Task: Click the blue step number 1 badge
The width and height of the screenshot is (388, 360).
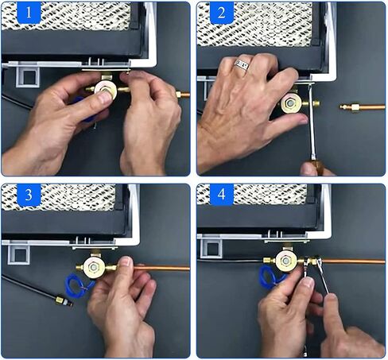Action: click(29, 13)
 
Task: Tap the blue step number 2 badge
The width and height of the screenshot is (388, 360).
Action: click(222, 13)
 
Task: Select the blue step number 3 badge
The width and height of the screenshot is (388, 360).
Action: click(29, 195)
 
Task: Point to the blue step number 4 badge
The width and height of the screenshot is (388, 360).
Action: click(222, 195)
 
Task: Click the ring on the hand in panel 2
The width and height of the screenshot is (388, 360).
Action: click(242, 64)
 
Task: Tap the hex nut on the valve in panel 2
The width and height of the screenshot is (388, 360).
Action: click(289, 102)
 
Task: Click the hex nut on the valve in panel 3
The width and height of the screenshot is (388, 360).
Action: click(93, 267)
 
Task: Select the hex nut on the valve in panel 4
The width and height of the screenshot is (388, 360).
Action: click(285, 261)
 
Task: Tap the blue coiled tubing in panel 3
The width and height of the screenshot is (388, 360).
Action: click(79, 285)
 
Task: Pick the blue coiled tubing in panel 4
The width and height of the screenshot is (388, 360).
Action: click(270, 277)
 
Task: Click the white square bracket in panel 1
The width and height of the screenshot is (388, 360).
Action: click(27, 76)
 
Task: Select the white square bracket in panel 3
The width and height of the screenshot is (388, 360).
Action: click(18, 254)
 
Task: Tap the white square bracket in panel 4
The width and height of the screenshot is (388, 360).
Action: click(211, 248)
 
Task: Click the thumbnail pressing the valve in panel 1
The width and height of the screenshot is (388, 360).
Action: click(106, 98)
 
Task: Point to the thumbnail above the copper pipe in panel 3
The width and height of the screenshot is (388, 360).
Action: click(126, 261)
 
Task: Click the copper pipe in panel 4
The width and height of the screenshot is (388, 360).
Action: click(352, 261)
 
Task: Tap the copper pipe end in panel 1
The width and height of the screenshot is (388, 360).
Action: click(183, 95)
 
